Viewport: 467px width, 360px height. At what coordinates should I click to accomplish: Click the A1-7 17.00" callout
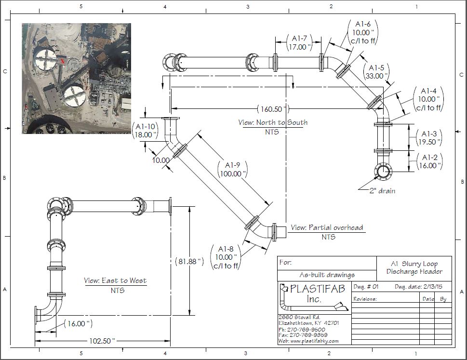(299, 42)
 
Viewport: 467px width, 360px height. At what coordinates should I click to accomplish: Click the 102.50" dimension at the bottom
(102, 341)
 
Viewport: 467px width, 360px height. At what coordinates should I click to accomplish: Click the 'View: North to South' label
(273, 122)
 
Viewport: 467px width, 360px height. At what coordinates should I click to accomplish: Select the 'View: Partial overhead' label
(327, 227)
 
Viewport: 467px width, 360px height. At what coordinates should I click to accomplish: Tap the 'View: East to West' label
(115, 280)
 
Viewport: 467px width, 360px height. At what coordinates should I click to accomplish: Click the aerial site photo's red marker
(62, 61)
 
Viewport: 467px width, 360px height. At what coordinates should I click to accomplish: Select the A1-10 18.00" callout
(146, 130)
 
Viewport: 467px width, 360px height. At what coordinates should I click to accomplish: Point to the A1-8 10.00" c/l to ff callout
(226, 257)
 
